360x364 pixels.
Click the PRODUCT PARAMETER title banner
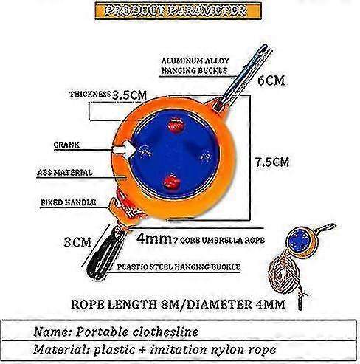[178, 11]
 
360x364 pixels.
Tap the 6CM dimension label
[271, 80]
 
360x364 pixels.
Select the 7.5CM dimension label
[272, 162]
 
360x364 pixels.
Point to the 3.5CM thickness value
[129, 95]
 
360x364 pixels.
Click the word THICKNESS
[90, 95]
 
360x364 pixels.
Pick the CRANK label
[66, 145]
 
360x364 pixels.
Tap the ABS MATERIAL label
[65, 173]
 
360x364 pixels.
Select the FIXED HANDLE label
[68, 202]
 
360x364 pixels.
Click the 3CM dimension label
[77, 242]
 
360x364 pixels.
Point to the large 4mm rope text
[154, 238]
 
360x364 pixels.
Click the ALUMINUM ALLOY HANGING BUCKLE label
[195, 66]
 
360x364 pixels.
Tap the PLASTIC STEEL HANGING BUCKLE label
[179, 267]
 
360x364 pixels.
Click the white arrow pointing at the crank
[124, 150]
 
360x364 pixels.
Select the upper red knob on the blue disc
[176, 126]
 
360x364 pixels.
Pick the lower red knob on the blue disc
[172, 182]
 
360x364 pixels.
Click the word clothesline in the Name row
[165, 332]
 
